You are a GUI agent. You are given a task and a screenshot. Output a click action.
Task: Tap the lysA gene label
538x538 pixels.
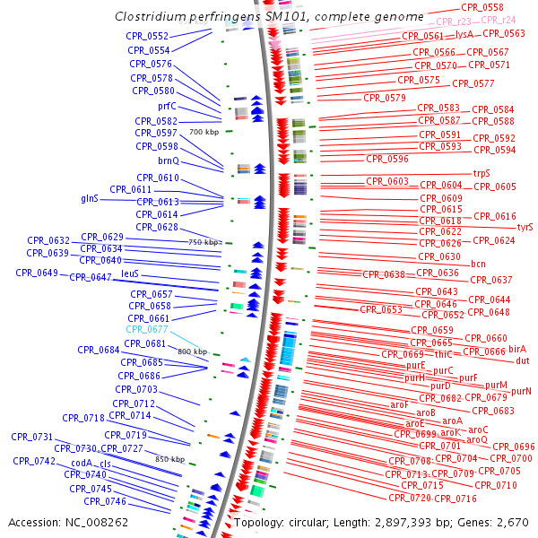[x=464, y=34]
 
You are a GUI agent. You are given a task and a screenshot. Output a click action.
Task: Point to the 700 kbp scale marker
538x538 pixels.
[x=204, y=132]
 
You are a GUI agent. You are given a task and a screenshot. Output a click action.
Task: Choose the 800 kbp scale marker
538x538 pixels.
[x=192, y=351]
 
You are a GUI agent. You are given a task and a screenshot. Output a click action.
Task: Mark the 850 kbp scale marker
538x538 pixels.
[x=170, y=459]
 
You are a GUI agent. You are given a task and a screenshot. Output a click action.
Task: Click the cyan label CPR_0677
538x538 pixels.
[x=147, y=330]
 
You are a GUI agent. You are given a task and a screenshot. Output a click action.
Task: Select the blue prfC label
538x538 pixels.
[x=167, y=107]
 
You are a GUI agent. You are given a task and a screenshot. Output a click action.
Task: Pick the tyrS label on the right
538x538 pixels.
[x=525, y=228]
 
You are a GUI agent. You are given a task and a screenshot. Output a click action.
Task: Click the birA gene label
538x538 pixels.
[x=517, y=349]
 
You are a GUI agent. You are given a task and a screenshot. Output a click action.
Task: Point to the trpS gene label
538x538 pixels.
[x=482, y=174]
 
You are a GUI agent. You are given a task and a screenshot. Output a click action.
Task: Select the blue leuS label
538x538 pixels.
[x=130, y=273]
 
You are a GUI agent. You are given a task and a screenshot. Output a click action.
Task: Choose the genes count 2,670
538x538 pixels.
[x=513, y=522]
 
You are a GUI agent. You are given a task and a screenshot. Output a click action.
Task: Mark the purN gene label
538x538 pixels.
[x=521, y=391]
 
